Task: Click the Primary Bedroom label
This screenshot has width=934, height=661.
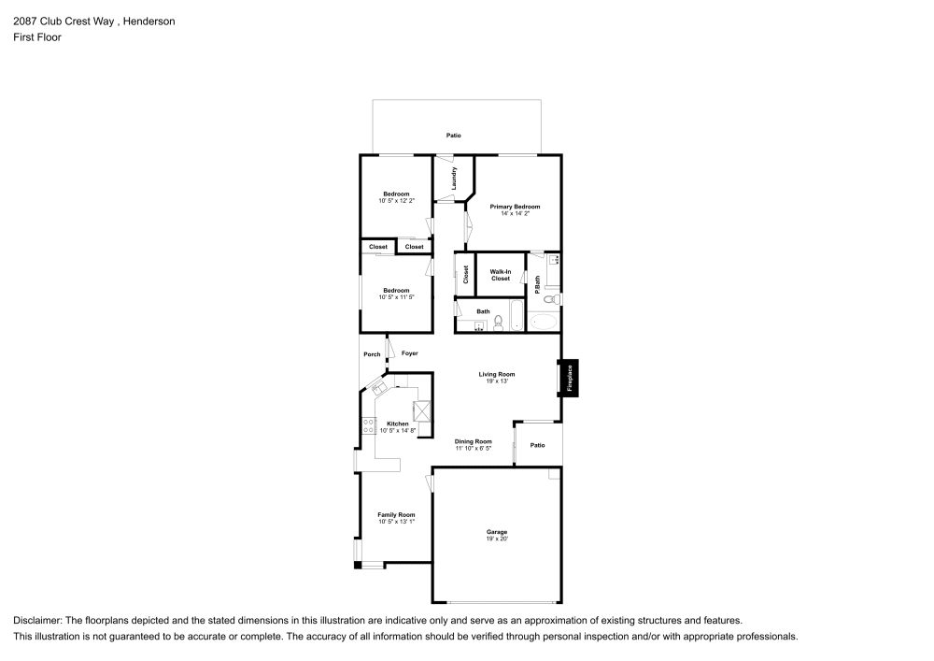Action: coord(515,207)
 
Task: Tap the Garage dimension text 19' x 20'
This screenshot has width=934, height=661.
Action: coord(496,539)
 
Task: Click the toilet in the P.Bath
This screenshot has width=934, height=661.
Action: coord(552,299)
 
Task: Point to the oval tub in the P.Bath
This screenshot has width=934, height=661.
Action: coord(543,323)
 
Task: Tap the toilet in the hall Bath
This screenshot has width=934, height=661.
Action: coord(499,323)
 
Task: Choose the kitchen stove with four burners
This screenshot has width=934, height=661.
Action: coord(368,425)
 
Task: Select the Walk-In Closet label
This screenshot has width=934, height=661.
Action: coord(501,275)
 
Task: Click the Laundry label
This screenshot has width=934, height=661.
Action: coord(454,178)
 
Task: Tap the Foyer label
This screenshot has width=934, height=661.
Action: coord(409,353)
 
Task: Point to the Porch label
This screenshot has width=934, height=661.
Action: coord(372,354)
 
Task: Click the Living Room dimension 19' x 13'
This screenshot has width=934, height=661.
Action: coord(497,381)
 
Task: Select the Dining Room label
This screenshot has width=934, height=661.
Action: coord(473,441)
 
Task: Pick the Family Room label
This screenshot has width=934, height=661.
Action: coord(396,514)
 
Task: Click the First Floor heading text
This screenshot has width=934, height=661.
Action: coord(37,37)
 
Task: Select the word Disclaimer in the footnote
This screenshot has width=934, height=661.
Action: coord(36,621)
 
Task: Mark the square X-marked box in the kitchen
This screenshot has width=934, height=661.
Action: coord(421,410)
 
